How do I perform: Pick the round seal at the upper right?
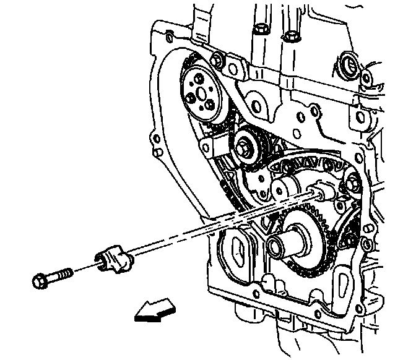coord(345,63)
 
